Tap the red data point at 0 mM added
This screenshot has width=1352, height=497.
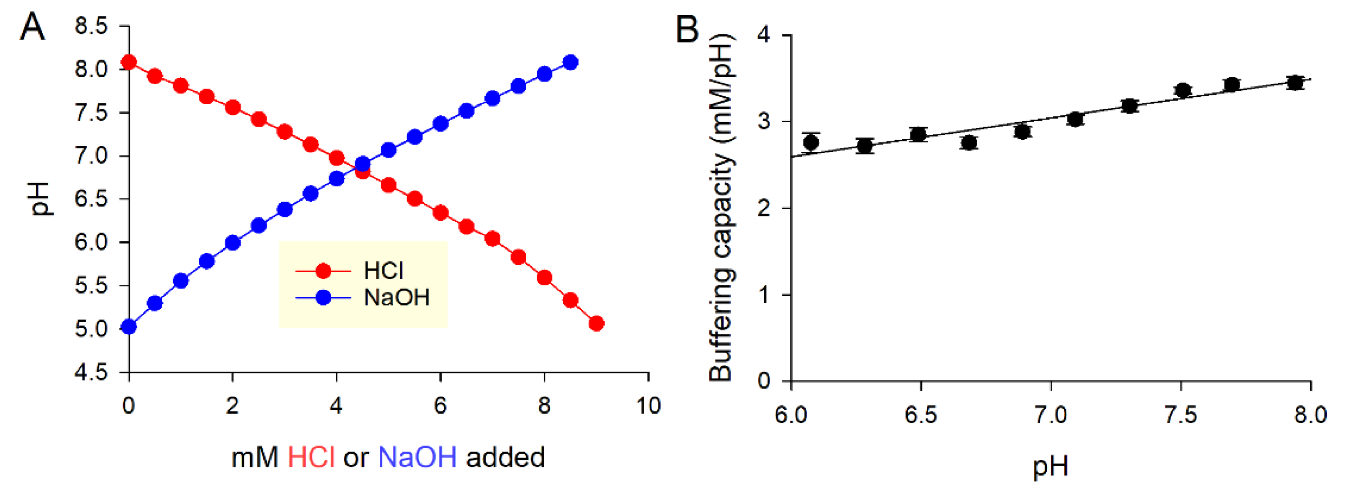point(129,62)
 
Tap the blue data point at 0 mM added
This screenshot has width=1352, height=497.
point(129,327)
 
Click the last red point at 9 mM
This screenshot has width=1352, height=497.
point(596,324)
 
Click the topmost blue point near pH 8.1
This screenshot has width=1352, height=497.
point(571,62)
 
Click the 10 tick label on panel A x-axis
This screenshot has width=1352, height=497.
point(648,406)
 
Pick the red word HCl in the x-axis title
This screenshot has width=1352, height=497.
point(311,457)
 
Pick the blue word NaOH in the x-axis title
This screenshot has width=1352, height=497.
point(417,457)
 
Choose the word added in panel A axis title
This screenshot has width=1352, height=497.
point(505,457)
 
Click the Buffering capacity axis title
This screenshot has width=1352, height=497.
point(721,208)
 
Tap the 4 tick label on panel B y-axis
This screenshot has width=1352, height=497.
point(764,35)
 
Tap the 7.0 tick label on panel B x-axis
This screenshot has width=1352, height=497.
point(1051,415)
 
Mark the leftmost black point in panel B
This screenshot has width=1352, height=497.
point(811,142)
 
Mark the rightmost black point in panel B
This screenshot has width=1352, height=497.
point(1295,82)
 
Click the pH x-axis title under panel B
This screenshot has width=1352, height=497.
point(1050,466)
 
